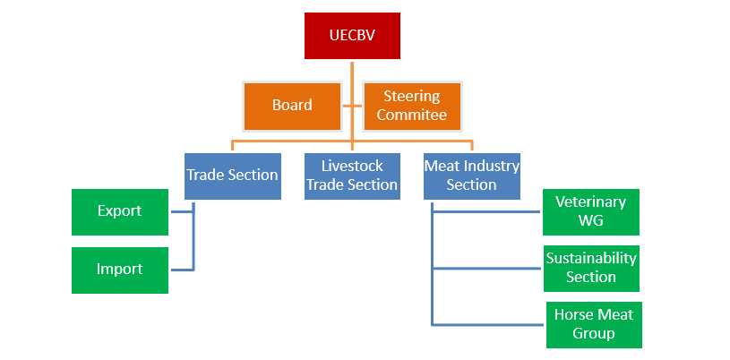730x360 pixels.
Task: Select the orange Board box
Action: [292, 106]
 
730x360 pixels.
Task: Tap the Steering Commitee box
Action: [412, 106]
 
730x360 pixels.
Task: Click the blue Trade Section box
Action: [233, 176]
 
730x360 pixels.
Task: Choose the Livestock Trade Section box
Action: [351, 176]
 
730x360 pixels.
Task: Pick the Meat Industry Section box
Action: [471, 176]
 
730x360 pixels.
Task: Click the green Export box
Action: [120, 212]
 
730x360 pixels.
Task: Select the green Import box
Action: [120, 270]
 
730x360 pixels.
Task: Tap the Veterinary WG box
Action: [591, 212]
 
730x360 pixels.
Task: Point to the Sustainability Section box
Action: [591, 268]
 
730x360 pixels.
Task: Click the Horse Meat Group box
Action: [593, 324]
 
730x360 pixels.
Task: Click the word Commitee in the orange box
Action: [412, 115]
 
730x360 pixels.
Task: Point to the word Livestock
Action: [351, 166]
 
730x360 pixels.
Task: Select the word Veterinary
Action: [591, 202]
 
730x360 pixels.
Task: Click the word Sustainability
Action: [591, 258]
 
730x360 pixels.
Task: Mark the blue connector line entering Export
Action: [168, 212]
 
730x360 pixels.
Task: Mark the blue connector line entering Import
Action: [168, 270]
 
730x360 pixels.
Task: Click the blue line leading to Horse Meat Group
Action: [488, 324]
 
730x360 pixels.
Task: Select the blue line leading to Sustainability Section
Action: [488, 268]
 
